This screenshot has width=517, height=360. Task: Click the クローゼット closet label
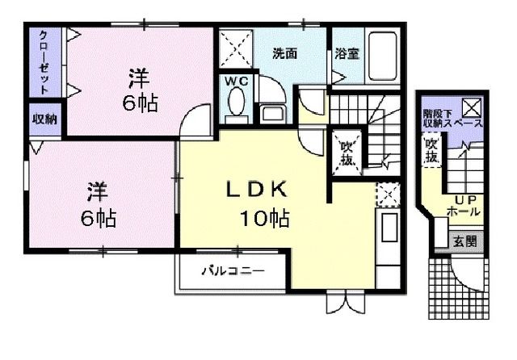(x=43, y=60)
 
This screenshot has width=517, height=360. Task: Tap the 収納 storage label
(x=44, y=119)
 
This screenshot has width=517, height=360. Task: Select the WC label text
(x=236, y=82)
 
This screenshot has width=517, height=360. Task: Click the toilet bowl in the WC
(x=236, y=103)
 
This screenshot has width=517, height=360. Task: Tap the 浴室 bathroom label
(x=347, y=54)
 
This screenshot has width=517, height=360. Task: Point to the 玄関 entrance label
(x=464, y=241)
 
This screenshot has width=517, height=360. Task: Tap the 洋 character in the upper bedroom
(x=140, y=78)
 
